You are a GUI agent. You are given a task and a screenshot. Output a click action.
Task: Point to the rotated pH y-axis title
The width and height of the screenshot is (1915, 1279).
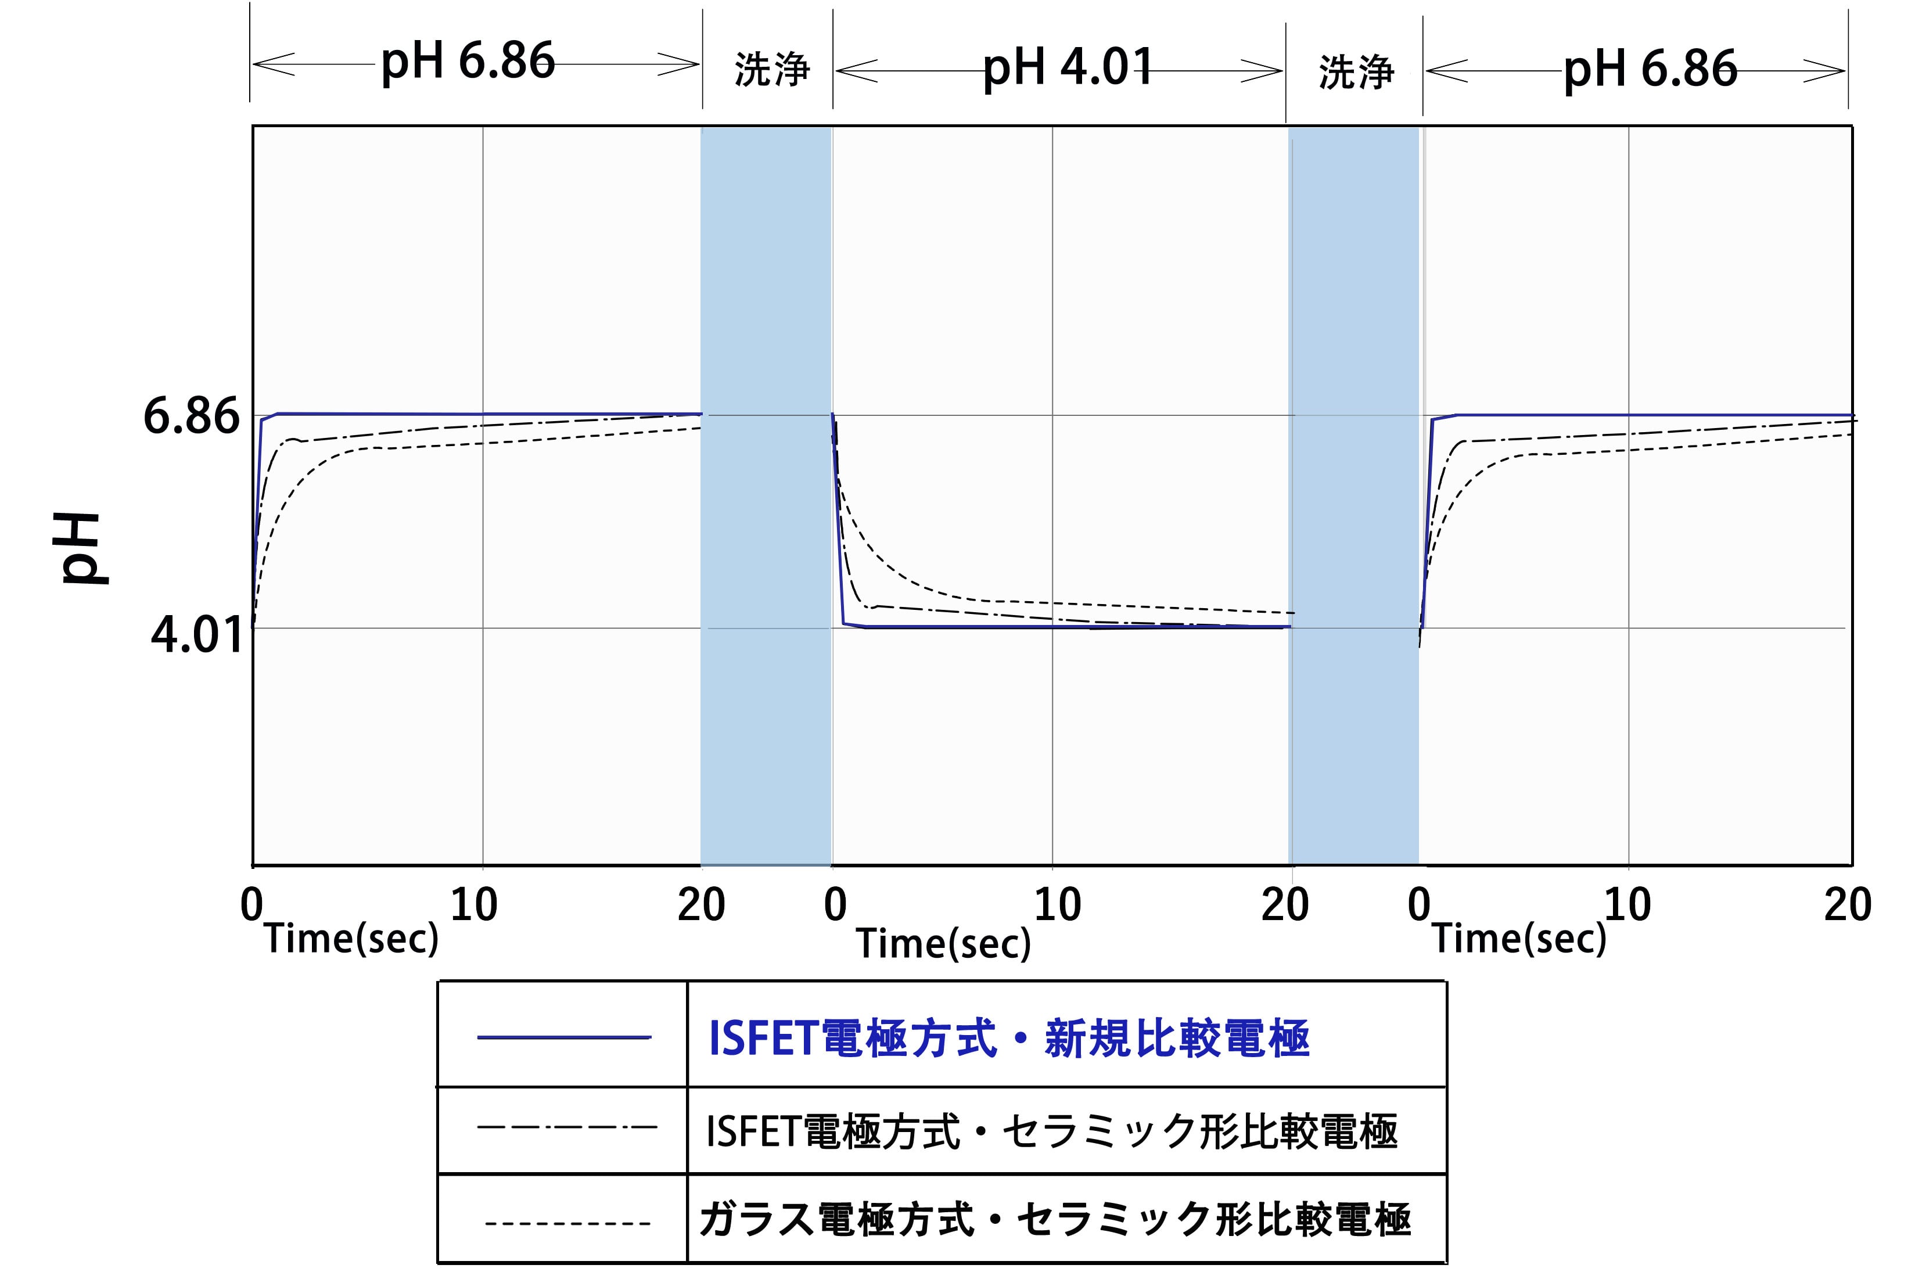[x=81, y=548]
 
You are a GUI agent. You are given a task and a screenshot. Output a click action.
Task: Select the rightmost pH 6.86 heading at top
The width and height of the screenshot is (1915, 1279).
[x=1649, y=69]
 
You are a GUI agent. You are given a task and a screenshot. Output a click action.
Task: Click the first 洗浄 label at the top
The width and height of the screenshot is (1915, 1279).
[x=771, y=69]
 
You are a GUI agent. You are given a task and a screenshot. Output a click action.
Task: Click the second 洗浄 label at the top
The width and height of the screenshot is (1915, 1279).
[x=1356, y=72]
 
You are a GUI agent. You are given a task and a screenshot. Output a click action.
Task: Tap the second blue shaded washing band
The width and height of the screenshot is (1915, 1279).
[x=1354, y=490]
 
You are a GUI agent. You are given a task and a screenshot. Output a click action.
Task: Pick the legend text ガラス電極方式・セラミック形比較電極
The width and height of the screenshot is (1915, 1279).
[x=1055, y=1219]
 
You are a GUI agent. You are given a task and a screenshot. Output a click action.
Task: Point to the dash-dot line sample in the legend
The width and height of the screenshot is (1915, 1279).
[x=566, y=1128]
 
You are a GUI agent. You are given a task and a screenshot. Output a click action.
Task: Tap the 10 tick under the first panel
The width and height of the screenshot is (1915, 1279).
[x=473, y=904]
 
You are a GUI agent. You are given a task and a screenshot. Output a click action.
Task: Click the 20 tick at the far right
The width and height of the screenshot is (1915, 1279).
[x=1847, y=904]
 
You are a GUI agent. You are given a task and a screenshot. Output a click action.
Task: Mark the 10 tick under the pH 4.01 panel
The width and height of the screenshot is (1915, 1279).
[x=1057, y=904]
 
